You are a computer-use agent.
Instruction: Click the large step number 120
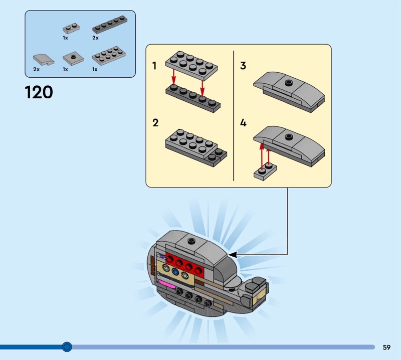click(39, 92)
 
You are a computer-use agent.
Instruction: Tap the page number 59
click(386, 347)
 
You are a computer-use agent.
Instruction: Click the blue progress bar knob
click(67, 346)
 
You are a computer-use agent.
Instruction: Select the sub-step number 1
click(155, 66)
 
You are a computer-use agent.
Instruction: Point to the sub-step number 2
click(155, 123)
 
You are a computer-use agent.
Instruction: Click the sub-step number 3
click(243, 66)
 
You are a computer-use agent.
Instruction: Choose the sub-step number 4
click(243, 123)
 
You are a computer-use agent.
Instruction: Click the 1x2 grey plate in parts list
click(69, 29)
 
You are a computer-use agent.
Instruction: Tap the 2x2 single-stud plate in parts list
click(73, 59)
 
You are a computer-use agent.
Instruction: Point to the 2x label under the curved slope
click(36, 70)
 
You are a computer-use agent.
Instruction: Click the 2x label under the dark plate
click(95, 38)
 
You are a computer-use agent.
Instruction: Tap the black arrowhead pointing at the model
click(233, 255)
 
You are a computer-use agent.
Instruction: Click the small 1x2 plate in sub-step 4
click(265, 171)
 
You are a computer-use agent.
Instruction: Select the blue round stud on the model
click(175, 272)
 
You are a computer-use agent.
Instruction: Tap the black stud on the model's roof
click(191, 241)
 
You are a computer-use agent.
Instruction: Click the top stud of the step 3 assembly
click(288, 81)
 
